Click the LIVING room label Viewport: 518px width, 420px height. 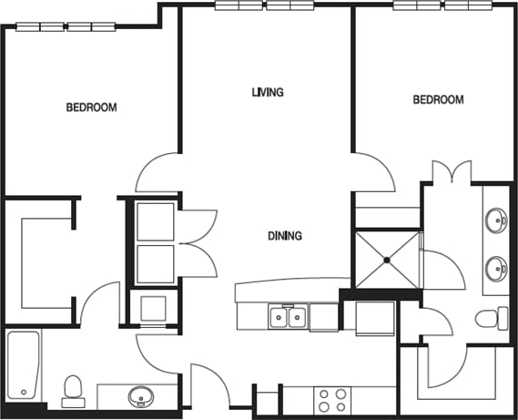(268, 92)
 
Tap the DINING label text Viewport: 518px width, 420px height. (284, 236)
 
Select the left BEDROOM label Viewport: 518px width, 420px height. (92, 108)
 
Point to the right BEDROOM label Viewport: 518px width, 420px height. (439, 100)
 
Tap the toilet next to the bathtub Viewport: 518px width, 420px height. (73, 389)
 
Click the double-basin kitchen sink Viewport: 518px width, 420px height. (288, 317)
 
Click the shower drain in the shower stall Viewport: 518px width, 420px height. (387, 260)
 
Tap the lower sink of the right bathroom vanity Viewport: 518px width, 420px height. (497, 269)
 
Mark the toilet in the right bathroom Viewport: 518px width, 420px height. (491, 318)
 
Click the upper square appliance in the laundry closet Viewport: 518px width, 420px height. (155, 221)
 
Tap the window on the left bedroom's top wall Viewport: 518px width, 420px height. (66, 26)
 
